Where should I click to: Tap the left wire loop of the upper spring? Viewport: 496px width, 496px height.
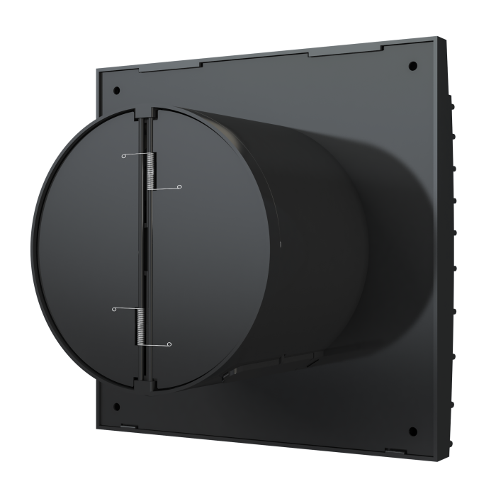[x=123, y=156]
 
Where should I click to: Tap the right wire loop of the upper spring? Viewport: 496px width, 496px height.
[x=179, y=188]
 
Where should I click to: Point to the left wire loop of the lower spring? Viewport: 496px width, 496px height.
[x=113, y=309]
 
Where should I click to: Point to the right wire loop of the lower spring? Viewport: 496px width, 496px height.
[x=169, y=345]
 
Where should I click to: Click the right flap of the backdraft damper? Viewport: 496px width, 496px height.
[x=213, y=248]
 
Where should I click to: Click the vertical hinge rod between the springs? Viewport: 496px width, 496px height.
[x=147, y=248]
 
